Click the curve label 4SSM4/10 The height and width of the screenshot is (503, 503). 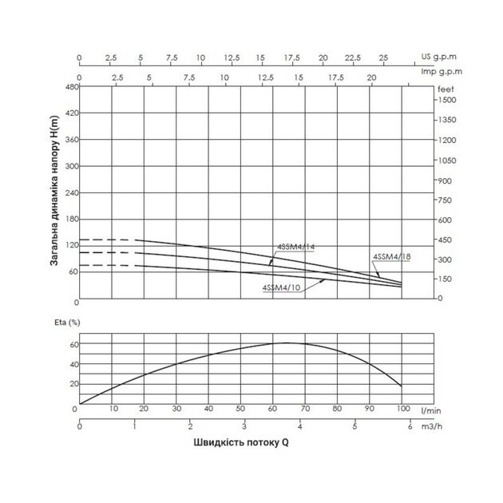coord(281,287)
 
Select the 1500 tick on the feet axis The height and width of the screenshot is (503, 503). coord(446,101)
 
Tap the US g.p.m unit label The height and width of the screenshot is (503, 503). coord(438,57)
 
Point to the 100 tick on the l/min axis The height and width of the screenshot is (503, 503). coord(402,409)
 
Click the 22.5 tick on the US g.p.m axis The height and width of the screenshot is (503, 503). coord(353,57)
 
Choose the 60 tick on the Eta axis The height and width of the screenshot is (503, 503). coord(73,344)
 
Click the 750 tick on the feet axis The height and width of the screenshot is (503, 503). coord(445,200)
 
